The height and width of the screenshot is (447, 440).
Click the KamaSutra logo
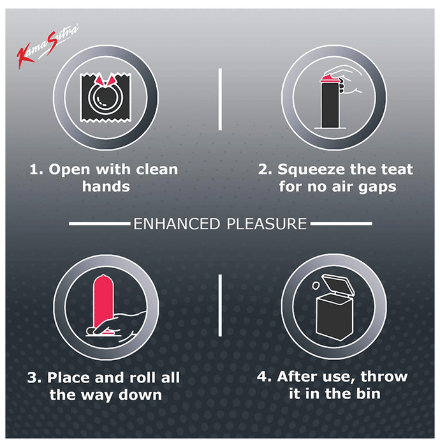pyautogui.click(x=48, y=45)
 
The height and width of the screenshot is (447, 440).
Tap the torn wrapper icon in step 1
pyautogui.click(x=106, y=97)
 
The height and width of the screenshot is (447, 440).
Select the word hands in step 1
pyautogui.click(x=106, y=186)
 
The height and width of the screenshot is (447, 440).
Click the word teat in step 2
pyautogui.click(x=397, y=169)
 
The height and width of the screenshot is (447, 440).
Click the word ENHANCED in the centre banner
pyautogui.click(x=177, y=223)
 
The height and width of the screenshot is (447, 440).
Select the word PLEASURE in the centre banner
pyautogui.click(x=267, y=223)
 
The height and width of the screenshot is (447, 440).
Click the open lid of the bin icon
pyautogui.click(x=338, y=284)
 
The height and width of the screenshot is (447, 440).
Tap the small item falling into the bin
pyautogui.click(x=316, y=285)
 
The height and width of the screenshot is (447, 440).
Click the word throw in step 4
pyautogui.click(x=384, y=377)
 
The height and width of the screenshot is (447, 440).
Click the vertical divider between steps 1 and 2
pyautogui.click(x=220, y=99)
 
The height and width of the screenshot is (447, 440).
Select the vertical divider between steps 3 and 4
pyautogui.click(x=220, y=305)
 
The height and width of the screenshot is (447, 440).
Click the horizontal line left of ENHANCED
pyautogui.click(x=100, y=223)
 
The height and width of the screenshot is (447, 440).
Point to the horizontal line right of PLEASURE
pyautogui.click(x=341, y=223)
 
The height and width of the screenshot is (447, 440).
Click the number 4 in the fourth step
pyautogui.click(x=262, y=377)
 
